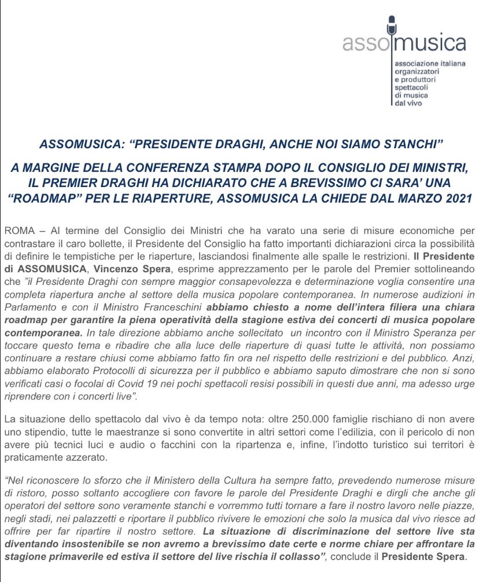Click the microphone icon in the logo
[x=393, y=26]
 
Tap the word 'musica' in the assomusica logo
[x=428, y=44]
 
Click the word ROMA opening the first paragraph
[x=17, y=230]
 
